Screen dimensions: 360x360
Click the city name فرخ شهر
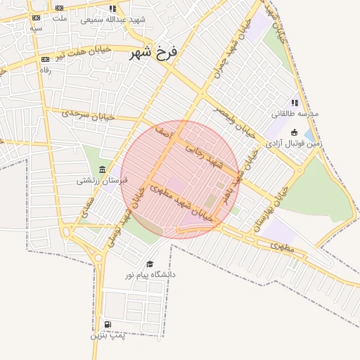coord(150,52)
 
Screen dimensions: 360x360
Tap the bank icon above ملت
coord(59,8)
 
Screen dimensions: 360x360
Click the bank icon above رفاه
coord(46,60)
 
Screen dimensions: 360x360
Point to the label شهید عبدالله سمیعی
coord(112,19)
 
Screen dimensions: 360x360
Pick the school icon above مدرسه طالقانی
coord(295,103)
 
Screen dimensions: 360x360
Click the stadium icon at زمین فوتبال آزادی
coord(294,132)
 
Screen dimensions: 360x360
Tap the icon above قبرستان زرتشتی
coord(103,169)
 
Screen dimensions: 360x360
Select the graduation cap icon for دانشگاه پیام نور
coord(149,264)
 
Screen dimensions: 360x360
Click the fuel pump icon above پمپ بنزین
coord(107,324)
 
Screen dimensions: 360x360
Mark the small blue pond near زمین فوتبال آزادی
coord(309,134)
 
